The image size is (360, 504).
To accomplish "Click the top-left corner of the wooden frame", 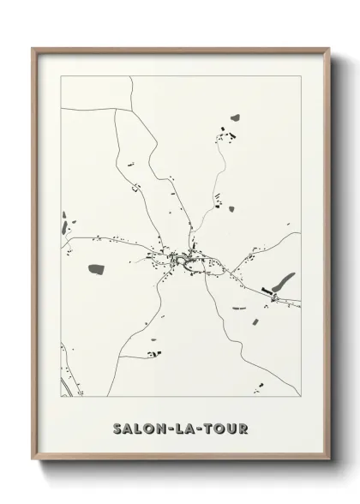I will pyautogui.click(x=33, y=48).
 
